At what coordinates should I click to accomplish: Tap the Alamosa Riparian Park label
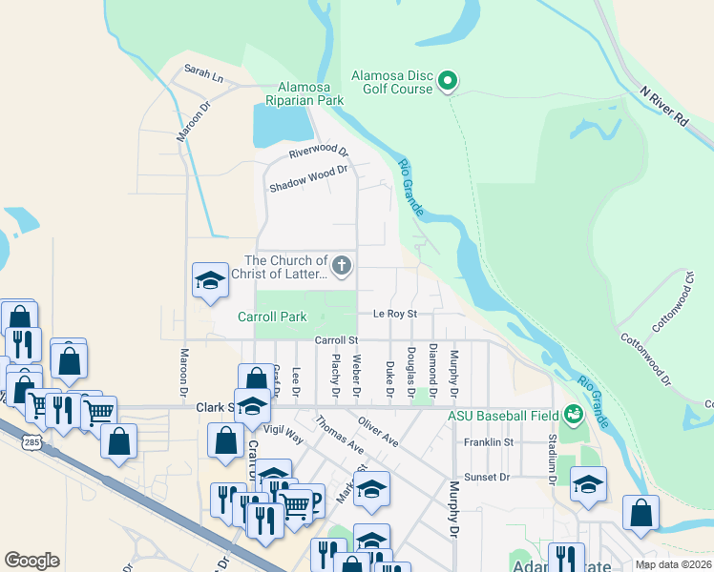[311, 92]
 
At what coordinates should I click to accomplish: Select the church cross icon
[342, 265]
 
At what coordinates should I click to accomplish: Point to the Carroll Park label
[272, 317]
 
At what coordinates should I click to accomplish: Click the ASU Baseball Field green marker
[573, 414]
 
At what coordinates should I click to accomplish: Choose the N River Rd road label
[665, 107]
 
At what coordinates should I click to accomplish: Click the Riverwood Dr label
[319, 153]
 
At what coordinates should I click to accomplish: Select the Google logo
[31, 561]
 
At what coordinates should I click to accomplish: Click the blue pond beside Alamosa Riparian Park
[282, 124]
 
